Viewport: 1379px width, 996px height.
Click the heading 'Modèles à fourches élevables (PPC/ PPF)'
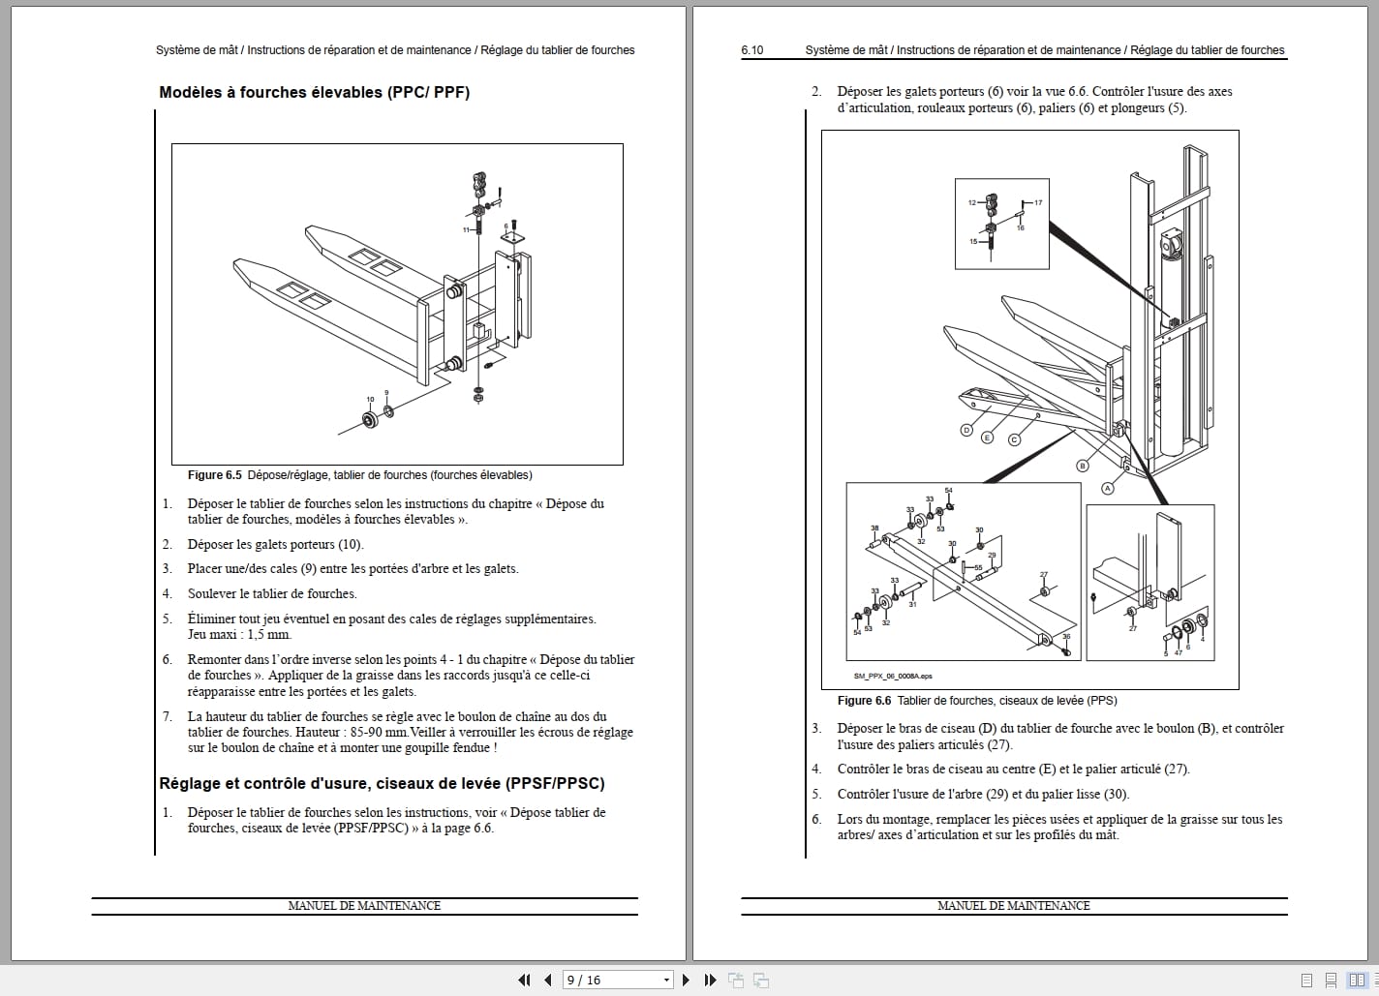314,93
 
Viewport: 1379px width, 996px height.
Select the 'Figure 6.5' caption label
214,475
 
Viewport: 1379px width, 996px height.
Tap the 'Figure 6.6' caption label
864,701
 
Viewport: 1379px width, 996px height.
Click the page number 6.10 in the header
752,50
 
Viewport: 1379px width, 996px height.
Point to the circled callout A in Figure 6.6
1108,489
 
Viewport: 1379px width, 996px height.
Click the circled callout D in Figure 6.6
965,430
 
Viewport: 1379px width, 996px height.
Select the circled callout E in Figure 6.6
988,438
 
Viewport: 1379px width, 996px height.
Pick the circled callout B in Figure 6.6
1084,466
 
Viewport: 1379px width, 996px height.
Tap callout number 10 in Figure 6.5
370,400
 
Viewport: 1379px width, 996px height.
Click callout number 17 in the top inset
1038,203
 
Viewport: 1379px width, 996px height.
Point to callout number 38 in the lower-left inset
874,528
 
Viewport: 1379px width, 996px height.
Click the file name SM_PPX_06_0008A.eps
892,677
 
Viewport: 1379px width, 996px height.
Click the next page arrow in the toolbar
686,980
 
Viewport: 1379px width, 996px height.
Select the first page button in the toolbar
524,980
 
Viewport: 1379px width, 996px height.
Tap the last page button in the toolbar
710,980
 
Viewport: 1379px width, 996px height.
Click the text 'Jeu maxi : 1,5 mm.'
239,635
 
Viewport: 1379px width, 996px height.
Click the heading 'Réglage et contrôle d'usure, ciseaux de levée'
382,783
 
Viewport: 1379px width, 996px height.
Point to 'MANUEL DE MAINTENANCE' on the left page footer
364,906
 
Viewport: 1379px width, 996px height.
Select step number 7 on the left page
167,717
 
